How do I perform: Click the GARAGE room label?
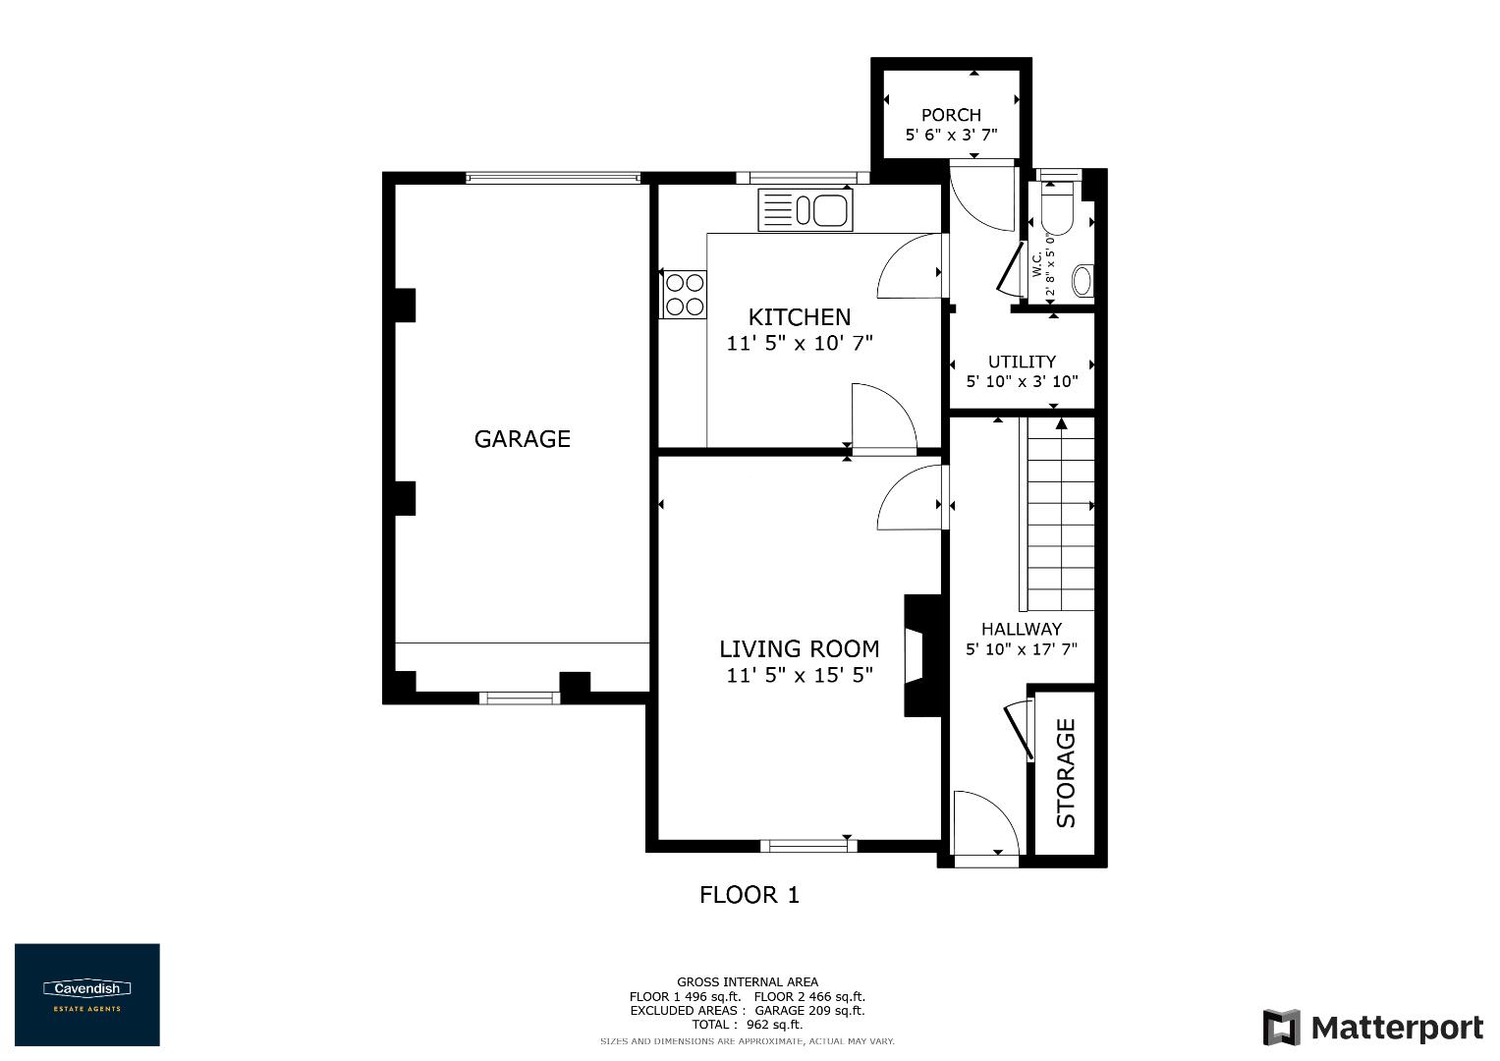[522, 439]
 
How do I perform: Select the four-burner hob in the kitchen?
[685, 294]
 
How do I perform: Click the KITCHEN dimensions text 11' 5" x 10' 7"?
[800, 344]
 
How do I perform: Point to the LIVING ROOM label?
[799, 648]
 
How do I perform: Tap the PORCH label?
[951, 115]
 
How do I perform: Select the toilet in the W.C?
[1059, 209]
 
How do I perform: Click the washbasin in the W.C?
[1082, 281]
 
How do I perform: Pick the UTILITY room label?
[1022, 362]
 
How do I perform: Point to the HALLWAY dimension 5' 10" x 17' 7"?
[1022, 649]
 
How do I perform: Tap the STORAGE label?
[1066, 773]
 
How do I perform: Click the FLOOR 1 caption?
[750, 895]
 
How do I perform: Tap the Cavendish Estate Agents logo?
[86, 994]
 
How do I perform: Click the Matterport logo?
[1372, 1028]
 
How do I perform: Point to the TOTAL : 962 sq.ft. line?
[747, 1025]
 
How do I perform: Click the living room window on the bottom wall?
[808, 845]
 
